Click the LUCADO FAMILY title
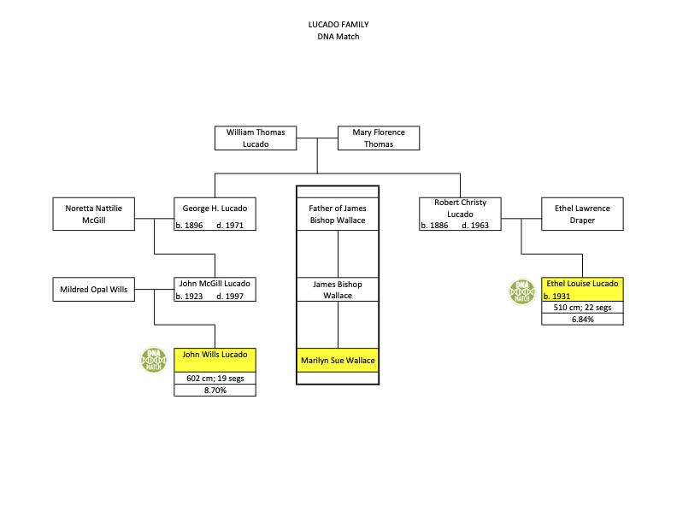click(x=338, y=25)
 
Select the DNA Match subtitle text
click(x=338, y=36)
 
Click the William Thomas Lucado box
click(x=255, y=138)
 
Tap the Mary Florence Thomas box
click(x=379, y=138)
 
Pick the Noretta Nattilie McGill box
click(x=92, y=214)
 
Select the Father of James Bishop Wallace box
click(x=338, y=214)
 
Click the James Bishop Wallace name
click(x=338, y=290)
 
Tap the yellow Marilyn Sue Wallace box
click(x=338, y=361)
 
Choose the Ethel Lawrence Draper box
click(x=582, y=214)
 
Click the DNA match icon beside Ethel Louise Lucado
click(x=521, y=292)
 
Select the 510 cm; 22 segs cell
click(x=582, y=308)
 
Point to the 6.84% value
click(x=582, y=320)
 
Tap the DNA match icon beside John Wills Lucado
click(x=154, y=361)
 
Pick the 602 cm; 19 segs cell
click(x=215, y=379)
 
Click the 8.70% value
click(x=215, y=391)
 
